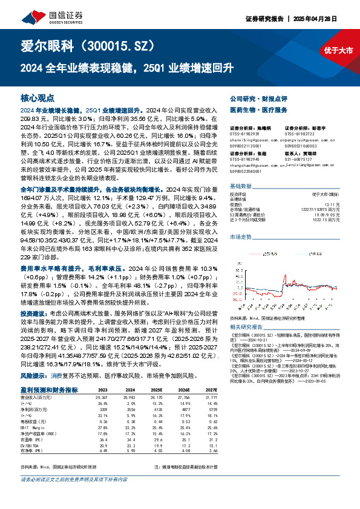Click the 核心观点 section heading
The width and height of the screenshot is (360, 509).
point(38,97)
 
